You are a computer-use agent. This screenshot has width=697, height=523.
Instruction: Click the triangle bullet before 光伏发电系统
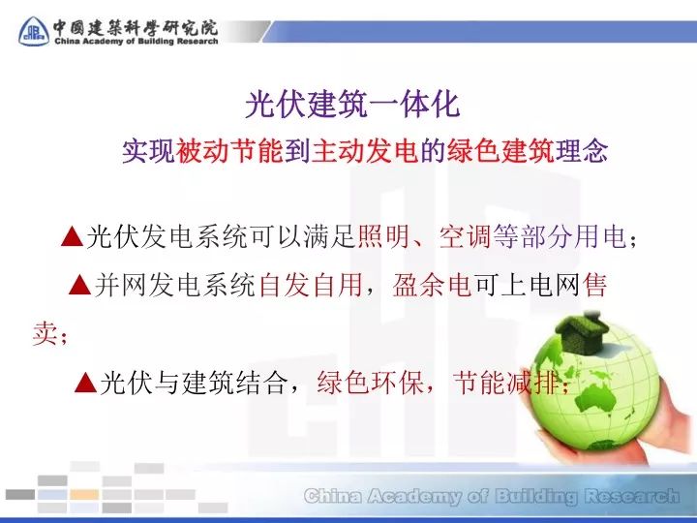[x=71, y=235]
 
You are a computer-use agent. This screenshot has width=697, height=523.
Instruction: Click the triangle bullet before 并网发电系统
[x=82, y=285]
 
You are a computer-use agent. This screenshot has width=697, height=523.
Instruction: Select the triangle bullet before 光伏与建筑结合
[x=85, y=384]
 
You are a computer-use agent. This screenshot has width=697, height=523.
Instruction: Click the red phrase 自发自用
[x=310, y=285]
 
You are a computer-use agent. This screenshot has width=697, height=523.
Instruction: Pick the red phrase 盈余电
[x=432, y=285]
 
